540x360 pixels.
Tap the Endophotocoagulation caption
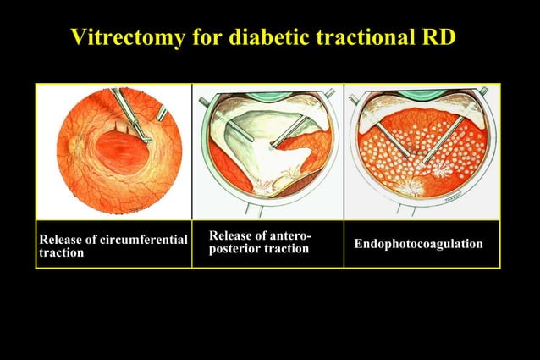(x=418, y=244)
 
